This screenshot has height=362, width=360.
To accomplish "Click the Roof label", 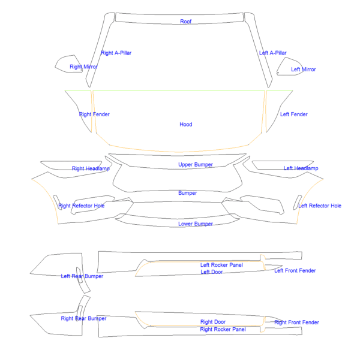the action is [186, 22].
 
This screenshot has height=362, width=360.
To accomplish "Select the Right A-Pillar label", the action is [116, 53].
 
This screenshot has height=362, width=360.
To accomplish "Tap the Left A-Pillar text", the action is [272, 53].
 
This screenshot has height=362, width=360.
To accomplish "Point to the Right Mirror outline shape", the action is [55, 67].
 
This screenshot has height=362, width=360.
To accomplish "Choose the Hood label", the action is [186, 125].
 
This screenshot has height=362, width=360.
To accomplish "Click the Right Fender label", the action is [94, 114].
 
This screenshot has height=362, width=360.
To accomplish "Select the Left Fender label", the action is [293, 114].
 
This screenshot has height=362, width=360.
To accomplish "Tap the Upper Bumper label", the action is [196, 165].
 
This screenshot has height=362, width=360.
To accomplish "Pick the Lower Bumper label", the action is [196, 224].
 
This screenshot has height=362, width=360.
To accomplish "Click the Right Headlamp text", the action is [91, 168].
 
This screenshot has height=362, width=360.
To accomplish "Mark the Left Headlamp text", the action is [301, 168].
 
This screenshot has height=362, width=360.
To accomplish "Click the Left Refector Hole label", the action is [320, 206].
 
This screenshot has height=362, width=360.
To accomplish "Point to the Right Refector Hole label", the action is [82, 206].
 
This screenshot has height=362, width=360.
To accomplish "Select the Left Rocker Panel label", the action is [221, 265].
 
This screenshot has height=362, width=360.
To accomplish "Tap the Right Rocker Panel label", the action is [223, 330].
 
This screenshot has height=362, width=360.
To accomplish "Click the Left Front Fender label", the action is [295, 270].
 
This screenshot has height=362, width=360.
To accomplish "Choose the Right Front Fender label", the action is [296, 322].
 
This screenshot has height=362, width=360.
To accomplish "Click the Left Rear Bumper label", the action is [82, 276].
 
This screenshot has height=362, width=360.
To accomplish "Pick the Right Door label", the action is [213, 322].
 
